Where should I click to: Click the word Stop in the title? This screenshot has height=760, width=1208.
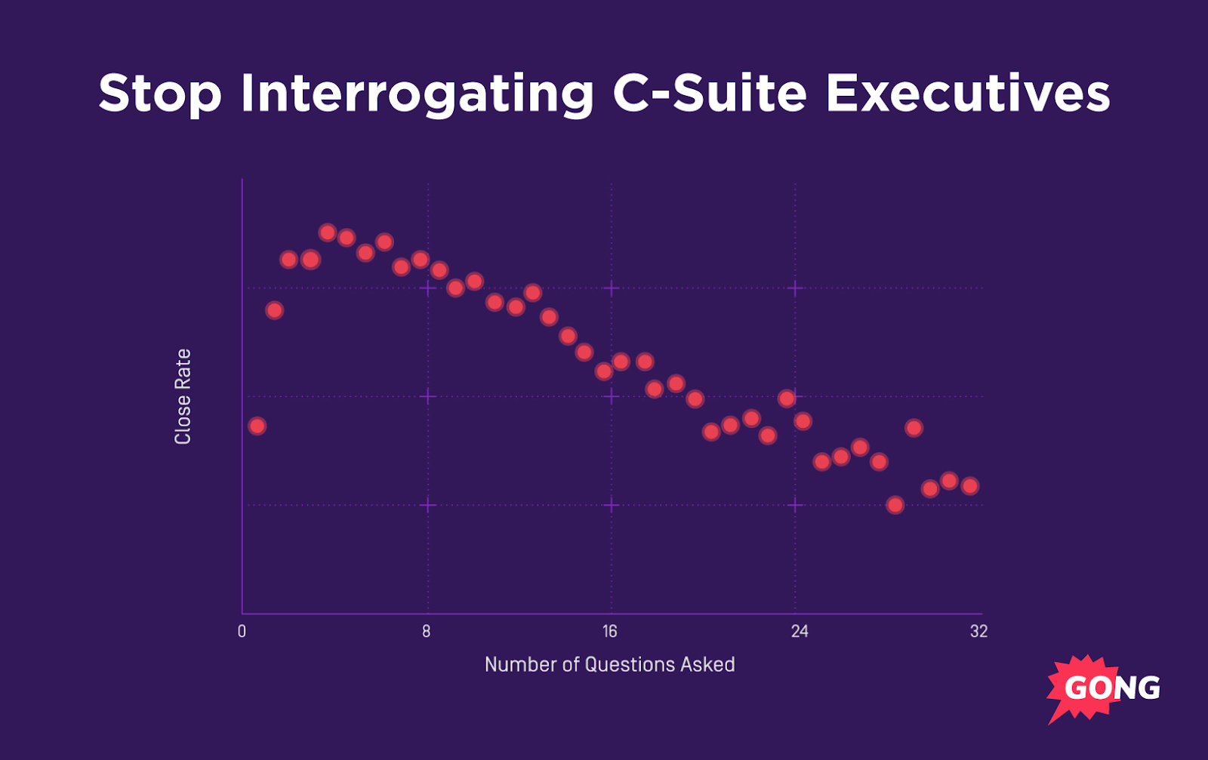pos(160,94)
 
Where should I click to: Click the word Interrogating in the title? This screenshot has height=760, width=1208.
pos(417,94)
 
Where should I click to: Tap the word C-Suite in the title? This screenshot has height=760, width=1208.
pos(710,94)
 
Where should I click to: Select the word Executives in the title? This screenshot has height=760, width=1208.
pos(967,94)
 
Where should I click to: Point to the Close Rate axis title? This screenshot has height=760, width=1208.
pos(183,396)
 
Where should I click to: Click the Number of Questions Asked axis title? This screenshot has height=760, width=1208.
pos(609,664)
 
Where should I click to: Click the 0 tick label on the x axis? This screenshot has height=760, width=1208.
pos(242,632)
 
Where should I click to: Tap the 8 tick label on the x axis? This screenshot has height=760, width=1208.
pos(427,632)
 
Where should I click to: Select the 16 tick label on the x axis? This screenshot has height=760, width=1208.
pos(609,632)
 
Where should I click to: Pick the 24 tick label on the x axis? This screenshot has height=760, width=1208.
pos(800,632)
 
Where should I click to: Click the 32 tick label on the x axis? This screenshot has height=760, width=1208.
pos(978,632)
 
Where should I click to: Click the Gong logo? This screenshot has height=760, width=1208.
pos(1103,687)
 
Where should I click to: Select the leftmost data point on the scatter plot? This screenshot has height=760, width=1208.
pos(257,426)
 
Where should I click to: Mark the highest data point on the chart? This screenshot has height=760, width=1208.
pos(327,232)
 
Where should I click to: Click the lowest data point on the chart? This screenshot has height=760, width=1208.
pos(895,505)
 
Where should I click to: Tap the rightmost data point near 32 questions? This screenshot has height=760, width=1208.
pos(970,486)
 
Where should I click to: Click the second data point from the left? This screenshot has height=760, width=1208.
pos(275,310)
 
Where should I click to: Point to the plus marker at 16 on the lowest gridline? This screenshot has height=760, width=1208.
pos(612,505)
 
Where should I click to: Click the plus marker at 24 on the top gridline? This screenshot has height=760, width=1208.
pos(795,288)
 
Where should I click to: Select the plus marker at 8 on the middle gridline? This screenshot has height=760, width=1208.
pos(428,396)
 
